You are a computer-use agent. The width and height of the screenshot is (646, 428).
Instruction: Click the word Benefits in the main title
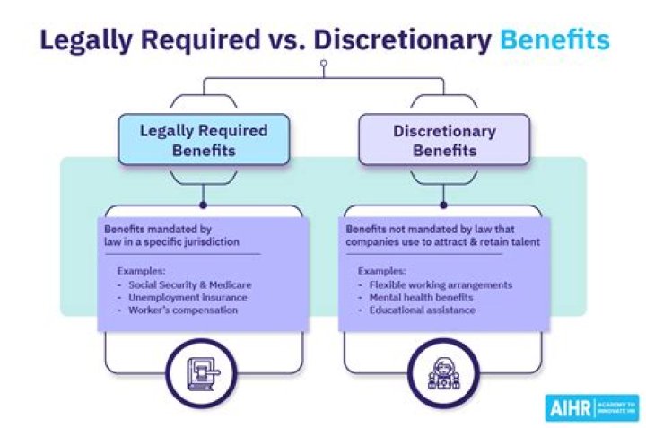click(554, 40)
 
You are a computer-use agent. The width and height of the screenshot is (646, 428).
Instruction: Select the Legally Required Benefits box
click(204, 139)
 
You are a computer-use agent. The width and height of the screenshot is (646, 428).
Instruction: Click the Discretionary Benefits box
click(444, 139)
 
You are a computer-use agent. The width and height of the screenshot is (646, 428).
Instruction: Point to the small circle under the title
click(324, 64)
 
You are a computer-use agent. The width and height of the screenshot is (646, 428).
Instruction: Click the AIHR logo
click(590, 406)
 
